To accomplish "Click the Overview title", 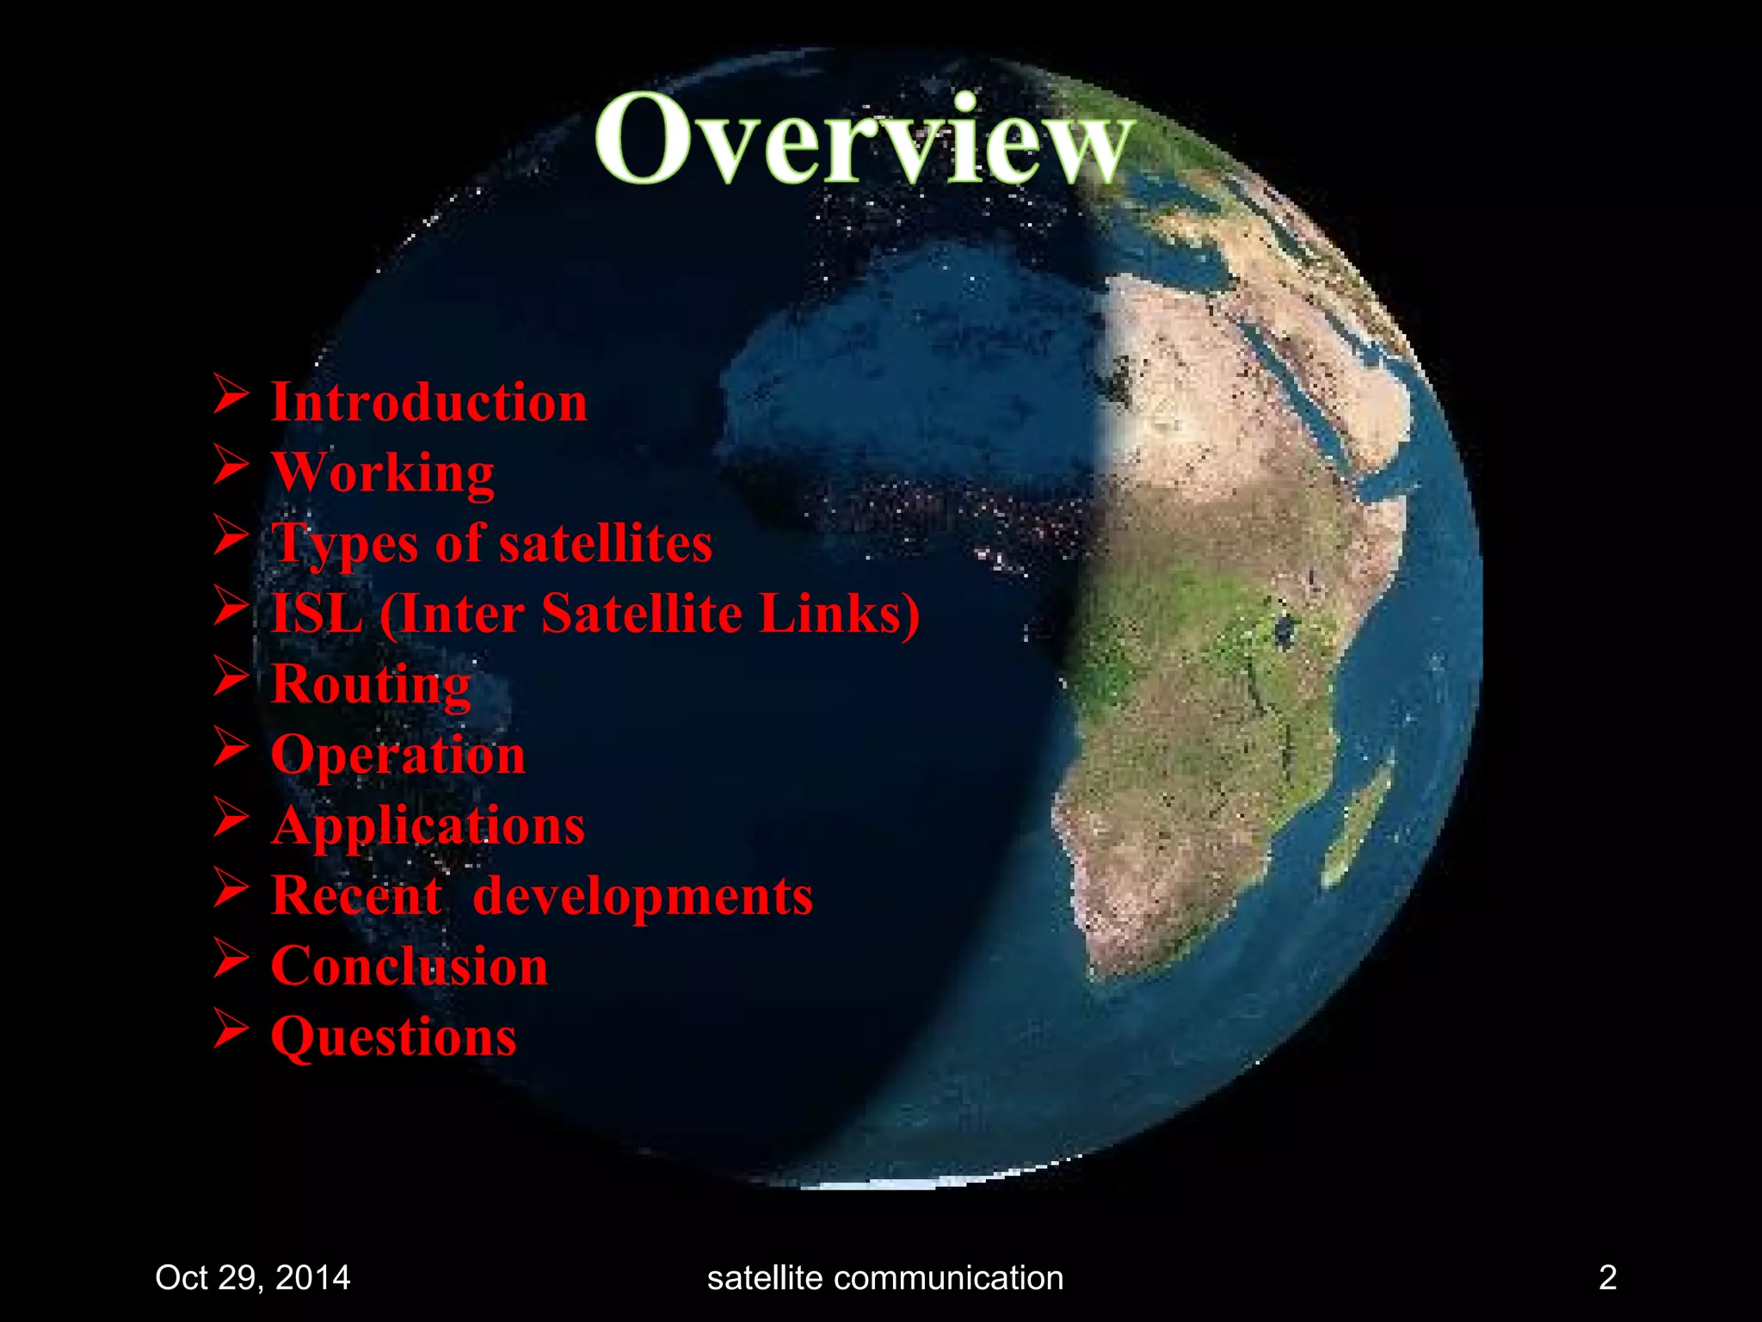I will (864, 139).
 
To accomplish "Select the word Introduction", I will (428, 402).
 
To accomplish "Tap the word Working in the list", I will (383, 473).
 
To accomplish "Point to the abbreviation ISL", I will (317, 614).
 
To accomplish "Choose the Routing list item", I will (371, 684).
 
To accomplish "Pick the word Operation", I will (397, 755).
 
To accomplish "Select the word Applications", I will (428, 825).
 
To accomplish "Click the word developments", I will (642, 896).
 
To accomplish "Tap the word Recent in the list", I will (356, 896).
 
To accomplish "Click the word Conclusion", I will (409, 967).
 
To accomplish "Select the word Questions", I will (393, 1036).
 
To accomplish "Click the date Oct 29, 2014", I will (252, 1277).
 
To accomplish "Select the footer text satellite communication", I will (884, 1277).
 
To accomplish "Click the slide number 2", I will (1607, 1276).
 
